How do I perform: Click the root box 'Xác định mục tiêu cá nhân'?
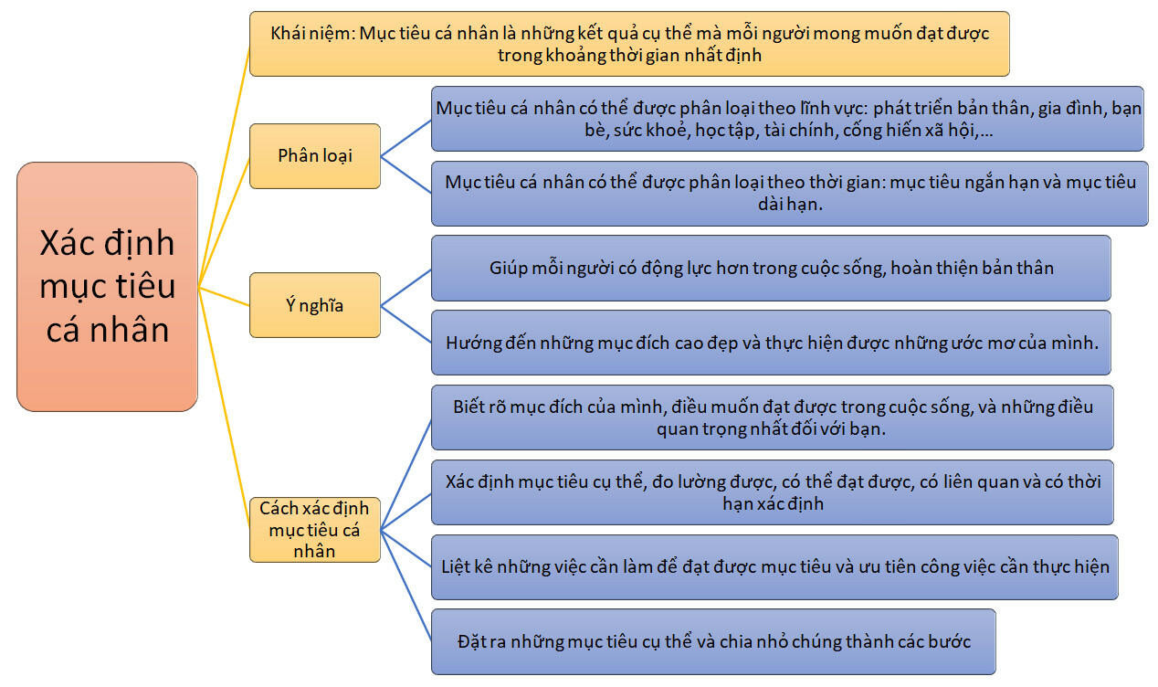point(107,286)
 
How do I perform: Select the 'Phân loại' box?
point(314,155)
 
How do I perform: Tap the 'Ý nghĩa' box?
point(314,305)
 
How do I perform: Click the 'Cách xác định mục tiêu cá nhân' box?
point(314,528)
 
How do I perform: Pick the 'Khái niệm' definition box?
point(628,43)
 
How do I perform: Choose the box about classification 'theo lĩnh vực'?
point(787,119)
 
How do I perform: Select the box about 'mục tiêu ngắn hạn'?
point(789,193)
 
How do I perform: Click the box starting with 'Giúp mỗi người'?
point(770,268)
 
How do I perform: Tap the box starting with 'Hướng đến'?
point(770,343)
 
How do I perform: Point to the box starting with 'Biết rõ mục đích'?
point(772,417)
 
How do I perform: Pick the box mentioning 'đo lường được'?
point(772,491)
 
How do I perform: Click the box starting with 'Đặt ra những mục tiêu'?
point(712,641)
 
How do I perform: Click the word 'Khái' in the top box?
point(290,33)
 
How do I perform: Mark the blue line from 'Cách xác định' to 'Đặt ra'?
point(405,584)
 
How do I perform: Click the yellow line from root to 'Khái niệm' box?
point(225,164)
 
